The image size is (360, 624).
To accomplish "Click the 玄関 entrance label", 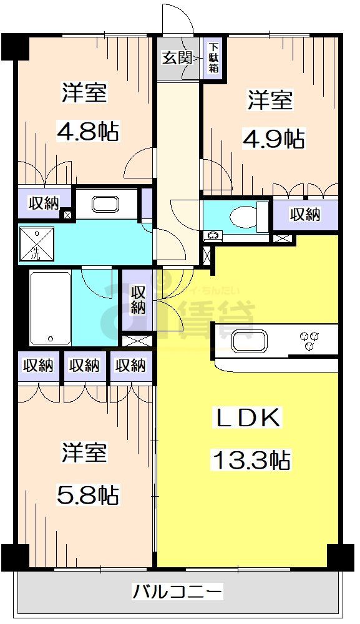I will pos(177,59).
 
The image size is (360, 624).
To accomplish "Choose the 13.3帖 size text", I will pos(251,461).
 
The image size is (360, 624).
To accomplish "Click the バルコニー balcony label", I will pos(177,590).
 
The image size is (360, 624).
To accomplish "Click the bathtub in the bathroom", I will pos(50,308).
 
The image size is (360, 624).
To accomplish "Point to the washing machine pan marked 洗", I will pos(36,244).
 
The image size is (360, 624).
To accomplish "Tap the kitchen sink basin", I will pos(250,341).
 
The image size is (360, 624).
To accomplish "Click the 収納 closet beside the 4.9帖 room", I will pos(305,215).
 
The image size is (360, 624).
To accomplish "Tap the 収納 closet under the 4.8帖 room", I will pos(42,203).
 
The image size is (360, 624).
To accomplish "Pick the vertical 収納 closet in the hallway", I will pos(138,299).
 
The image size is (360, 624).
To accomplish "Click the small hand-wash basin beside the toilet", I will pos(214,236).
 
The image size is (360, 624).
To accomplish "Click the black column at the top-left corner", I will pos(12,46).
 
